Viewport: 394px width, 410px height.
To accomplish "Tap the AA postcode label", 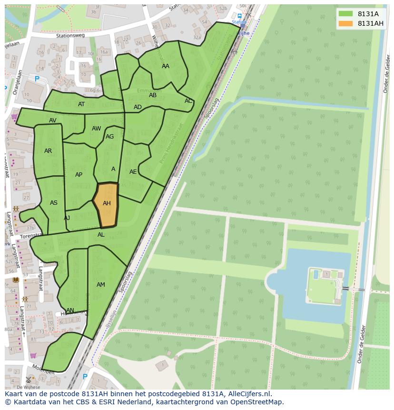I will [x=166, y=66].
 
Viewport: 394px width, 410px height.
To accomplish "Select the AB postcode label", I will [x=153, y=95].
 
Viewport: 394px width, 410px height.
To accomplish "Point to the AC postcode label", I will [x=188, y=101].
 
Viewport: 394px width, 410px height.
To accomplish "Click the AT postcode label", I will [x=81, y=104].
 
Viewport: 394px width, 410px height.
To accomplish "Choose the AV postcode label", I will [x=53, y=120].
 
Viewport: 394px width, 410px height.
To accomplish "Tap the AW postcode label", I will [x=97, y=129].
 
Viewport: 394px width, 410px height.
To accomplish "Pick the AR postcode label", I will [x=48, y=151].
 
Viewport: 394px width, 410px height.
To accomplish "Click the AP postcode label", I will [x=79, y=175].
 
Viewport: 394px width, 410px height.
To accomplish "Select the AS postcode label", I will [x=54, y=203].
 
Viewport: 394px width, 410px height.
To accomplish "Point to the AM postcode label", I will [x=101, y=285].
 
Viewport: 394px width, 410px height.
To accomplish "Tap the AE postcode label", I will [x=133, y=172].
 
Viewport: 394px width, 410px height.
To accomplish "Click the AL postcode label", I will [x=101, y=235].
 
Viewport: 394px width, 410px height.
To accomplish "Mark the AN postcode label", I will [x=70, y=310].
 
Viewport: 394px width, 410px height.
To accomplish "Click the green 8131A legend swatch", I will [x=346, y=14].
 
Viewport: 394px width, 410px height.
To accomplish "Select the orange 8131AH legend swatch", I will [x=346, y=23].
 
